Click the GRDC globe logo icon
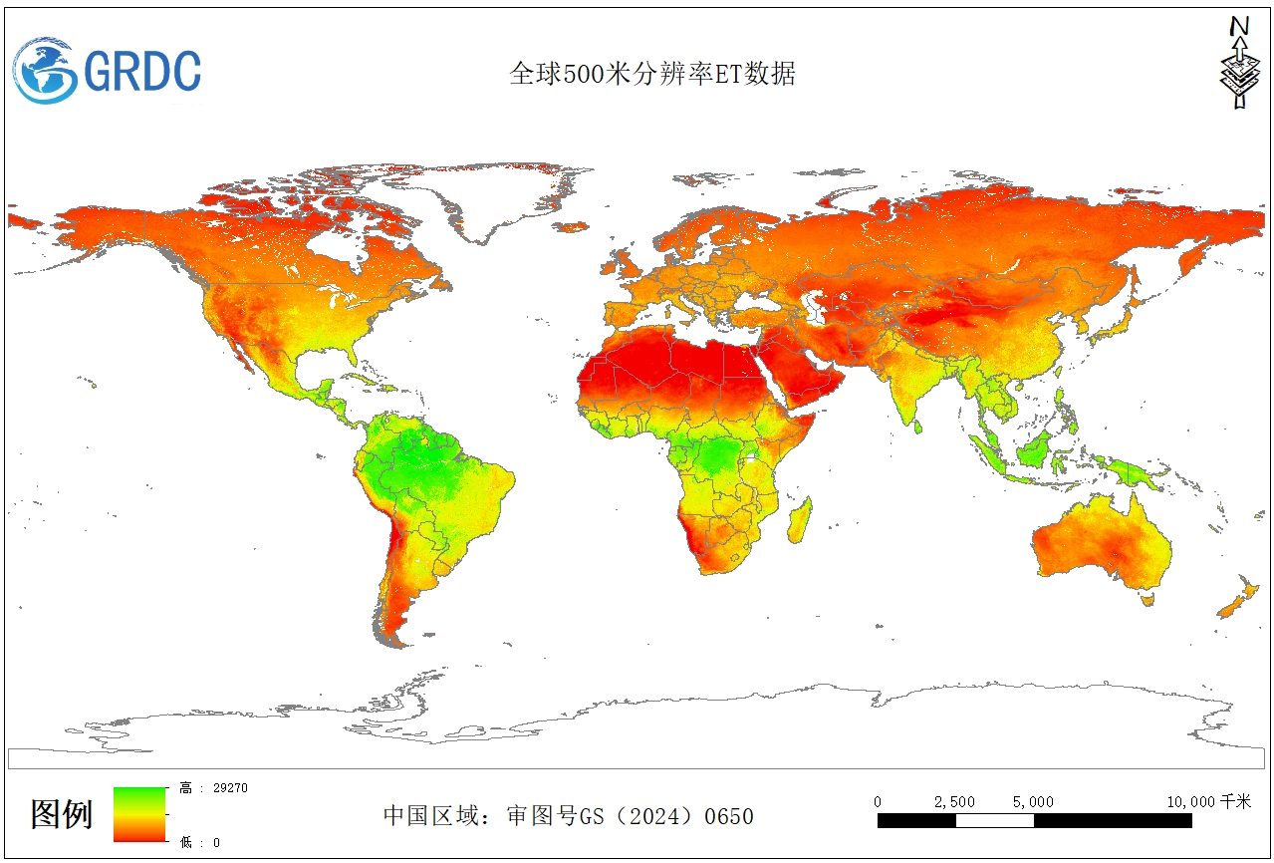pyautogui.click(x=46, y=71)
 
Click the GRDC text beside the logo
pyautogui.click(x=141, y=72)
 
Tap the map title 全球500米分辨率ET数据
pyautogui.click(x=652, y=74)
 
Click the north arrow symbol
pyautogui.click(x=1238, y=63)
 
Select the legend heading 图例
pyautogui.click(x=62, y=814)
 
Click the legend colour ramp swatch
pyautogui.click(x=138, y=814)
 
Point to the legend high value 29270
pyautogui.click(x=229, y=787)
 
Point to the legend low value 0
pyautogui.click(x=215, y=842)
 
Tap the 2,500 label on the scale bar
pyautogui.click(x=954, y=801)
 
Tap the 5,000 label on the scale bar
pyautogui.click(x=1033, y=801)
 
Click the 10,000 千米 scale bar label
pyautogui.click(x=1208, y=801)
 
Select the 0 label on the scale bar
pyautogui.click(x=878, y=801)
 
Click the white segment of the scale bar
pyautogui.click(x=994, y=821)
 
